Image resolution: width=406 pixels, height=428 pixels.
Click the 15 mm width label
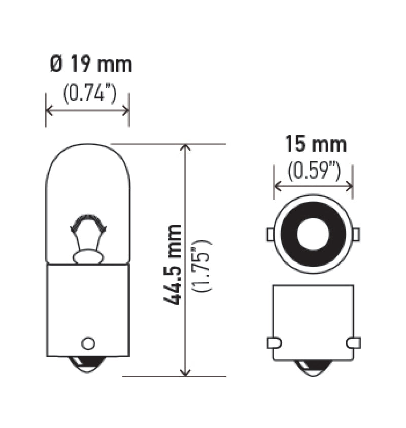coord(315,144)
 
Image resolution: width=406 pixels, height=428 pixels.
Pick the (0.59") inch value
coord(313,172)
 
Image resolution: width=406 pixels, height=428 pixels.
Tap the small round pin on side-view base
coord(88,343)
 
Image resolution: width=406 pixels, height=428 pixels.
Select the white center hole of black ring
coord(313,234)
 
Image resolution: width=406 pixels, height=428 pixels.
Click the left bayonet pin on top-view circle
coord(270,235)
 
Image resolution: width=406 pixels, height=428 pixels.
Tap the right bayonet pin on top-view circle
coord(356,235)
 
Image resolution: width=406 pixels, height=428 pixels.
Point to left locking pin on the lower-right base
coord(274,343)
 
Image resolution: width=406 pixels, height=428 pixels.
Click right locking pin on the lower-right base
coord(353,343)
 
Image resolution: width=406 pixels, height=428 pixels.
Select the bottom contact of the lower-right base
coord(313,367)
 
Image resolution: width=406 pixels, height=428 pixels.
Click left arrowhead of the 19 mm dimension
coord(49,110)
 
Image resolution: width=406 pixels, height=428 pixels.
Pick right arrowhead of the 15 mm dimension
coord(349,187)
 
